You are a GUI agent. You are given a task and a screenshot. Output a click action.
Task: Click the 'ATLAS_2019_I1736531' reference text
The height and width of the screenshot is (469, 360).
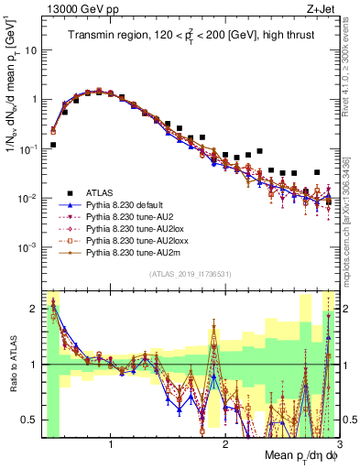coord(190,275)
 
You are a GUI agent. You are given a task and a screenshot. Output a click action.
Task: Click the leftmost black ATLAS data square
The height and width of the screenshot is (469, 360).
coord(53,145)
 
